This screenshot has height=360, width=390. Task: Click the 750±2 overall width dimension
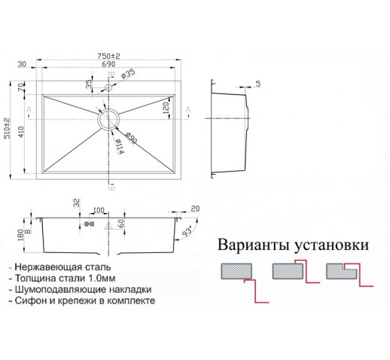click(x=108, y=56)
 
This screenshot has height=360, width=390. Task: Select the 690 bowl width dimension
click(x=108, y=64)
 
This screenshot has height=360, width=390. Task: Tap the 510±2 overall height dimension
click(x=7, y=128)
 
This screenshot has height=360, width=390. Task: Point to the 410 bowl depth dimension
click(x=21, y=132)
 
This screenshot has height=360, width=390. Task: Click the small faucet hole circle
click(x=108, y=87)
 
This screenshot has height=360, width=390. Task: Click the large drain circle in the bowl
click(x=108, y=119)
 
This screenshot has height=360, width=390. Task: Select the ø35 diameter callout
click(x=128, y=73)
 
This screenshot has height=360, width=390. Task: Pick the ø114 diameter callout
click(x=119, y=146)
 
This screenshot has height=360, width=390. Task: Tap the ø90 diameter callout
click(x=131, y=138)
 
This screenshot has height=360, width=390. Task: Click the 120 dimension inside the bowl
click(x=166, y=108)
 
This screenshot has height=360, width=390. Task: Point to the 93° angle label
click(x=187, y=231)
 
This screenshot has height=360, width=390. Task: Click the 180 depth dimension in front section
click(x=20, y=235)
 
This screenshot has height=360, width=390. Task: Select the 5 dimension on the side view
click(x=258, y=84)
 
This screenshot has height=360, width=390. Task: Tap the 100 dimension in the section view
click(x=99, y=210)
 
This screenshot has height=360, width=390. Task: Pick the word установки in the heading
click(x=331, y=245)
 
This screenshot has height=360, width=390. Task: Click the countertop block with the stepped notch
click(x=342, y=271)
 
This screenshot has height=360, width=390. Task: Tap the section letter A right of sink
click(x=188, y=109)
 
